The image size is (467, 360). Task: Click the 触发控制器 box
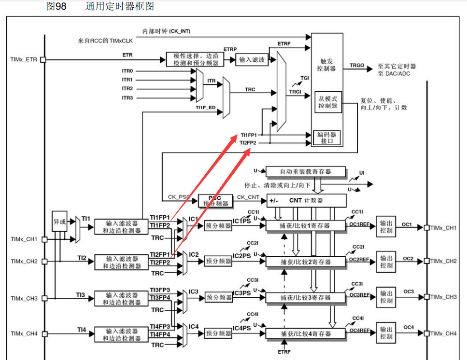(326, 65)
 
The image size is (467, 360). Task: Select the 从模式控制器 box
(328, 102)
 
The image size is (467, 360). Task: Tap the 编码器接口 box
(326, 138)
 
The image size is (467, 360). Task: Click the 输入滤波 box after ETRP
(252, 60)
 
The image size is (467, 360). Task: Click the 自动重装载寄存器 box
(306, 172)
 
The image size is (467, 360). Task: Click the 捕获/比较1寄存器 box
(306, 225)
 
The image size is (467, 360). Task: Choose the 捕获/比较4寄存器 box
(306, 334)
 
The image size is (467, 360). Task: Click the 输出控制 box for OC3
(386, 297)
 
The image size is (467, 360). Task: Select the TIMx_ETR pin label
(23, 60)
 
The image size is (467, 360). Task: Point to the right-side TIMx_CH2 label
(443, 261)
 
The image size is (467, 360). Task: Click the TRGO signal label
(357, 65)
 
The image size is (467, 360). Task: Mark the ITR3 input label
(127, 98)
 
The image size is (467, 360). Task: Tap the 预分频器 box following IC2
(218, 261)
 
